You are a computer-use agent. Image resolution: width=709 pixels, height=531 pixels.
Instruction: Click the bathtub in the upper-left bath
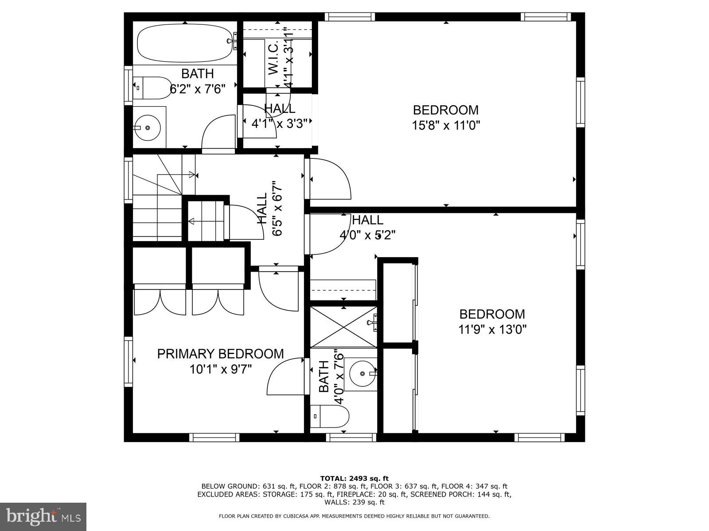[184, 43]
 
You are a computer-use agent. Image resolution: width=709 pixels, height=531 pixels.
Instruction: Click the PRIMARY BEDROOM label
[220, 354]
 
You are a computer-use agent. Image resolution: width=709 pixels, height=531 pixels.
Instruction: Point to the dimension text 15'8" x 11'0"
[446, 125]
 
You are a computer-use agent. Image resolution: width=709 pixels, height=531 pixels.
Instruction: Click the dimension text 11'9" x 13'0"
[492, 329]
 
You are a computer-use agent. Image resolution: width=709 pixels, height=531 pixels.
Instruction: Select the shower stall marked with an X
[343, 327]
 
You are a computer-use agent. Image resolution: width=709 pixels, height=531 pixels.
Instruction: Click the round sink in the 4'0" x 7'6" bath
[362, 374]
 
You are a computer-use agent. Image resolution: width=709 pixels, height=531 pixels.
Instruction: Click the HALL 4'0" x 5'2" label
[367, 227]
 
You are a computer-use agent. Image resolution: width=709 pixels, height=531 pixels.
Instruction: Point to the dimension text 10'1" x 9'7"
[220, 369]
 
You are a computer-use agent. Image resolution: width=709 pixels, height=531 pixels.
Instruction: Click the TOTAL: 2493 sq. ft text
[354, 478]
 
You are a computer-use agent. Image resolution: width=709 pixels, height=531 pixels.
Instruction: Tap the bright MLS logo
[43, 516]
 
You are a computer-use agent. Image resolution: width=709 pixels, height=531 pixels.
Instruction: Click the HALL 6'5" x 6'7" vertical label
[269, 208]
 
